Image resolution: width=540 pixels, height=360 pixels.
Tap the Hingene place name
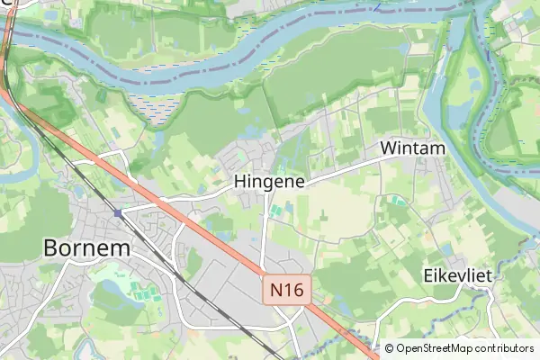pos(271,181)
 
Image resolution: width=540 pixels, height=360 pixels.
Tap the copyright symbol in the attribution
pos(389,348)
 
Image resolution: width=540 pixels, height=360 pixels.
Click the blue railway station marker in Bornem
pos(118,213)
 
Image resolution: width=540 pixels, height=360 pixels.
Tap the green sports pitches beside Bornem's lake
pos(138,292)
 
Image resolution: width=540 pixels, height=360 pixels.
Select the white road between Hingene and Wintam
pos(351,167)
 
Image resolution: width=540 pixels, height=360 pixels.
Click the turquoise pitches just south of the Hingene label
pos(278,211)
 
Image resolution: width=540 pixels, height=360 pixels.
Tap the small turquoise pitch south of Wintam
pos(395,200)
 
